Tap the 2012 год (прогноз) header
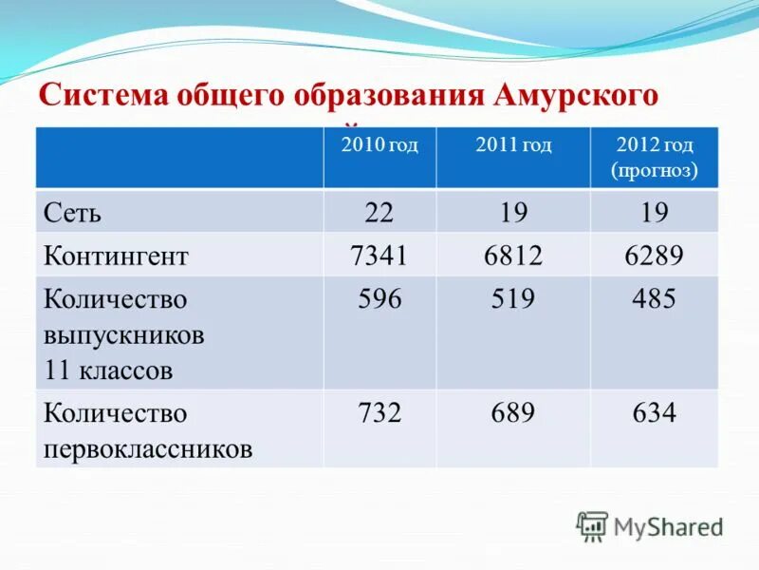tap(655, 158)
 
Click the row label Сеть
tap(72, 212)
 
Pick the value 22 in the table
tap(379, 212)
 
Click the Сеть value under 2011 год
tap(513, 212)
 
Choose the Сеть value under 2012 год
tap(655, 212)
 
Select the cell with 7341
tap(379, 256)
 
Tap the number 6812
tap(513, 256)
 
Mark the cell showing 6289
tap(655, 256)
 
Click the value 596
tap(379, 300)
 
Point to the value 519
tap(513, 300)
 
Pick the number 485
tap(655, 300)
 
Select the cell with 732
tap(379, 413)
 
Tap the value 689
tap(513, 413)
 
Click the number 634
tap(655, 413)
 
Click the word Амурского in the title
tap(576, 96)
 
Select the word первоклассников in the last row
tap(148, 447)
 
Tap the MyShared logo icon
tap(592, 525)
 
